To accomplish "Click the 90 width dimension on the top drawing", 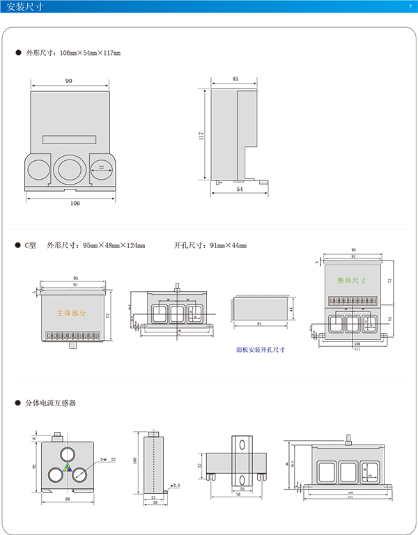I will [69, 81].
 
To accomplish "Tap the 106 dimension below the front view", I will [75, 203].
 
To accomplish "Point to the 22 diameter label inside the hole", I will [102, 168].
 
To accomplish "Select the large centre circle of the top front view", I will [70, 169].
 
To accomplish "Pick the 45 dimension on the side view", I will [235, 79].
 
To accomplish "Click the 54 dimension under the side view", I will [240, 189].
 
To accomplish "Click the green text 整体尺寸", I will [351, 280].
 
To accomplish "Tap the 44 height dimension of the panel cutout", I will [291, 309].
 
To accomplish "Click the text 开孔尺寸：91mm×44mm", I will [210, 245].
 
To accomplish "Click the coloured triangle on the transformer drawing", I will [68, 467].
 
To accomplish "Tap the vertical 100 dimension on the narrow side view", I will [137, 460].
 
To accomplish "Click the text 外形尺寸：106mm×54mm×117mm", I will [73, 53].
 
